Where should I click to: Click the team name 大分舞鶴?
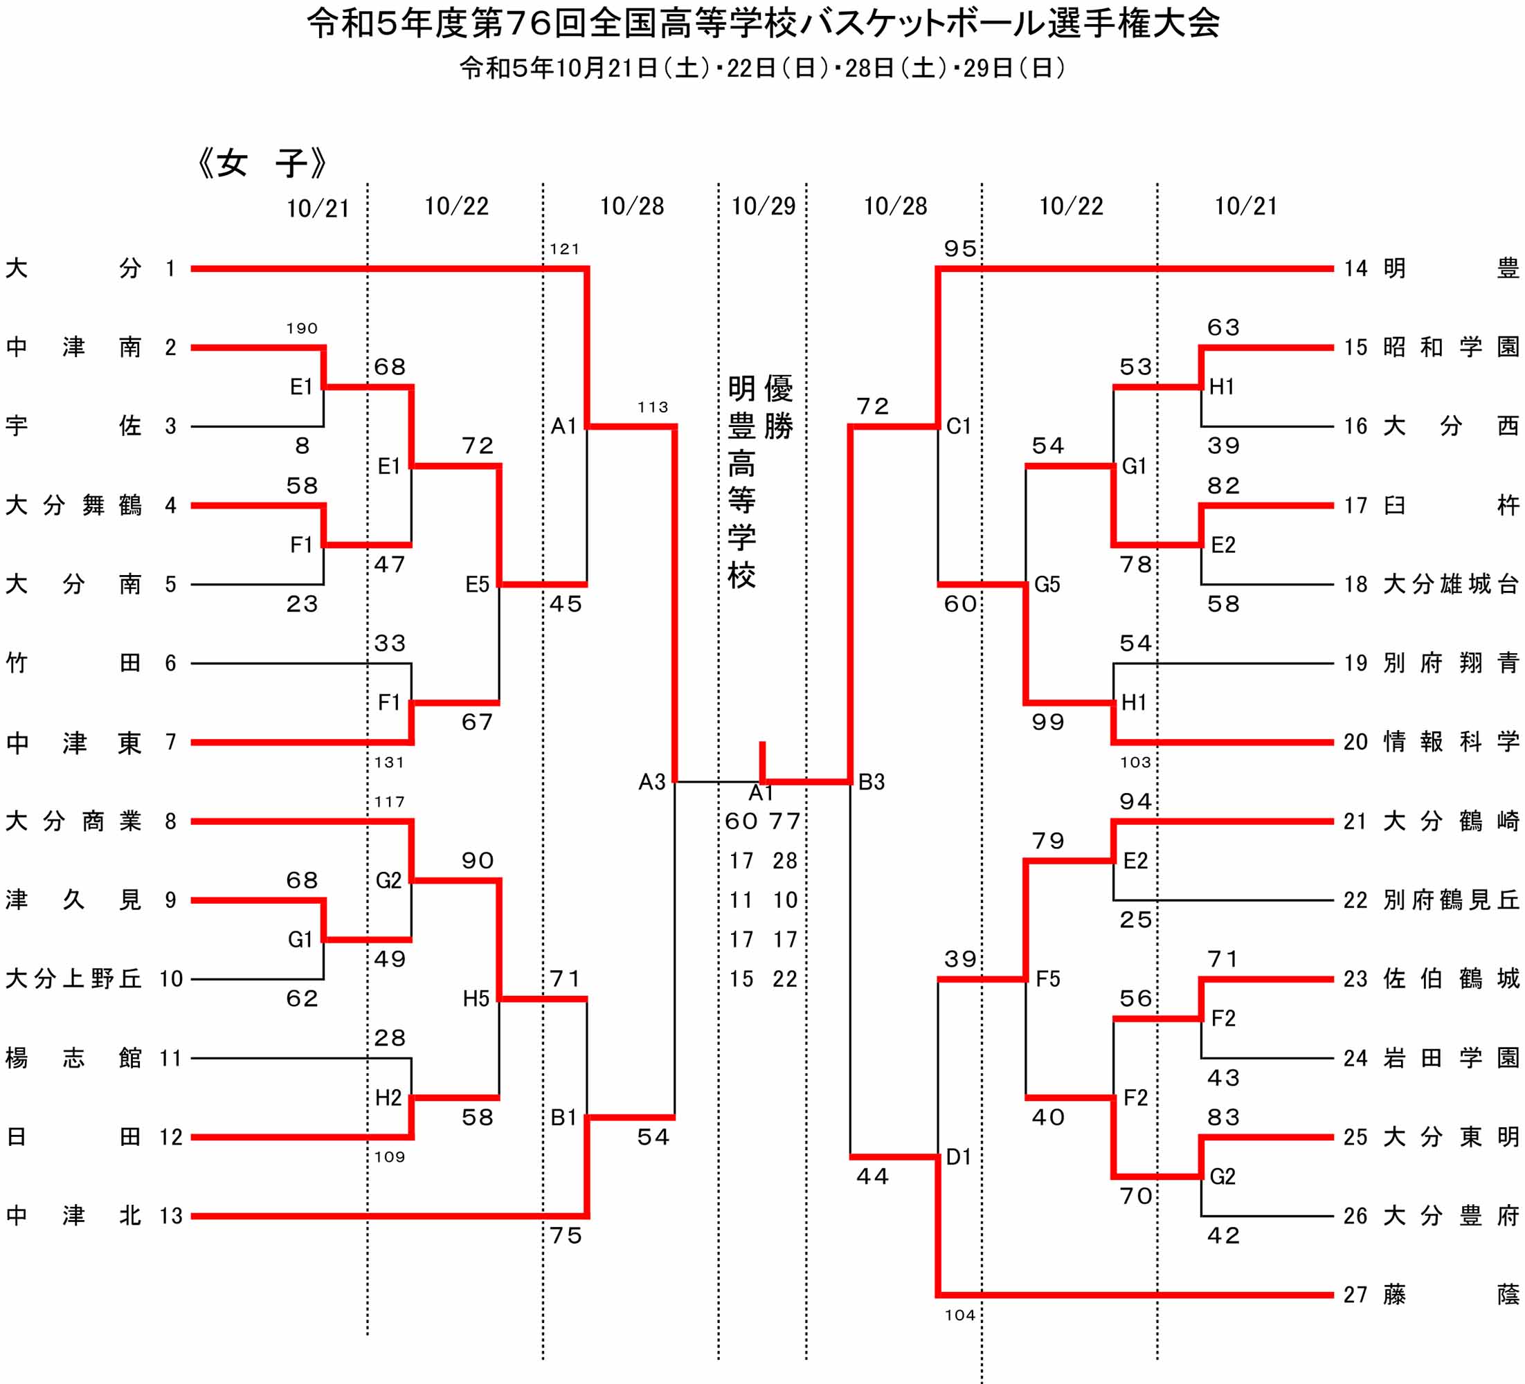click(73, 505)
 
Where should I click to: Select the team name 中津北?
click(73, 1215)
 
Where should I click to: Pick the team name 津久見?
click(73, 900)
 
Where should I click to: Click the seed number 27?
click(1355, 1295)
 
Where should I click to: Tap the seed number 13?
click(171, 1215)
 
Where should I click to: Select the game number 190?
click(302, 328)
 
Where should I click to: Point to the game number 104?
click(960, 1315)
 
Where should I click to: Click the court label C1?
click(959, 426)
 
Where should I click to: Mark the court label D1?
click(959, 1156)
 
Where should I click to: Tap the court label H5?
click(476, 999)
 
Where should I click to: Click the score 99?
click(1047, 722)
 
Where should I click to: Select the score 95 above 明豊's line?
click(960, 249)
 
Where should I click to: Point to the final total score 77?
click(785, 821)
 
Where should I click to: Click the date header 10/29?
click(764, 206)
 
